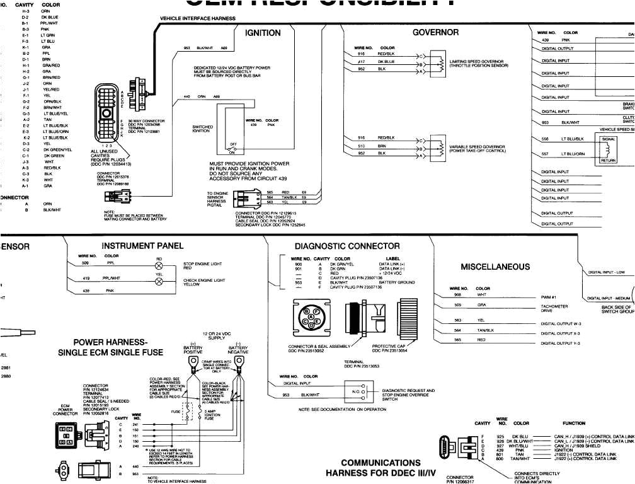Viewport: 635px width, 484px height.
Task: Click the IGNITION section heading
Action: pyautogui.click(x=263, y=33)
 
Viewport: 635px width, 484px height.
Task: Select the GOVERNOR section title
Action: pyautogui.click(x=435, y=33)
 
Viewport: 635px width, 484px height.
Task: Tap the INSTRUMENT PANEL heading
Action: pyautogui.click(x=142, y=245)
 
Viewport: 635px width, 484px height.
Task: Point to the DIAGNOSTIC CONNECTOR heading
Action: pyautogui.click(x=347, y=246)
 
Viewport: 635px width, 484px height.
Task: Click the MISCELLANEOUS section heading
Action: pyautogui.click(x=495, y=267)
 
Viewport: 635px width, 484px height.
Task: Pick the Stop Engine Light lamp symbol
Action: pyautogui.click(x=159, y=265)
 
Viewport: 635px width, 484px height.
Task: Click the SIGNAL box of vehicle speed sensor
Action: pyautogui.click(x=609, y=139)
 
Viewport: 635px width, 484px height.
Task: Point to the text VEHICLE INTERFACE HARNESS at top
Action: pyautogui.click(x=198, y=19)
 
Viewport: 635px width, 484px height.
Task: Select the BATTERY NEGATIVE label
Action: pyautogui.click(x=238, y=350)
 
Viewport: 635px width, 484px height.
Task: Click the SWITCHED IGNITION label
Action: pyautogui.click(x=203, y=129)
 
